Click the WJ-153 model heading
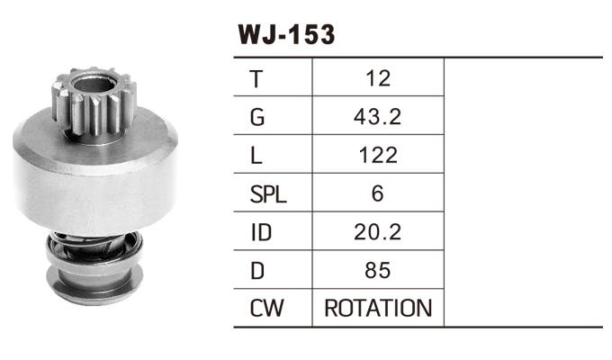pyautogui.click(x=285, y=34)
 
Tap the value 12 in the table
pyautogui.click(x=378, y=78)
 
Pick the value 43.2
pyautogui.click(x=378, y=116)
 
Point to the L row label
pyautogui.click(x=256, y=155)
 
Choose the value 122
pyautogui.click(x=378, y=155)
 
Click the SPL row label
pyautogui.click(x=267, y=193)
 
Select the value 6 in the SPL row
pyautogui.click(x=378, y=193)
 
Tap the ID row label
pyautogui.click(x=260, y=231)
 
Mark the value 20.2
pyautogui.click(x=378, y=231)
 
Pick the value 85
pyautogui.click(x=378, y=270)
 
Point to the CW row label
pyautogui.click(x=265, y=309)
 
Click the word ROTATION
pyautogui.click(x=378, y=309)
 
